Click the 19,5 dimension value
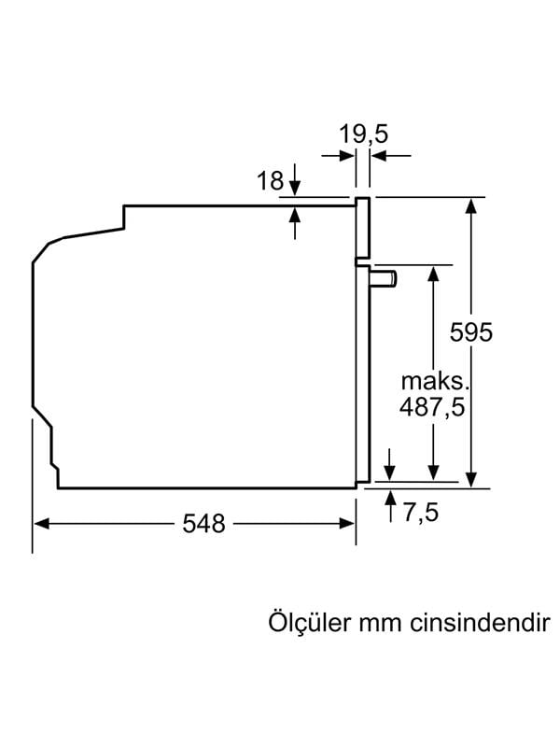[x=363, y=134]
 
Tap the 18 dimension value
[x=270, y=181]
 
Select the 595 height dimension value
[x=470, y=331]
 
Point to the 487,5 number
[x=431, y=407]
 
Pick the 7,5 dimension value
[x=421, y=513]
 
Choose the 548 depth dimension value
[x=204, y=525]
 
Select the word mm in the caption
[x=380, y=624]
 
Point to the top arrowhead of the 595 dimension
[x=473, y=205]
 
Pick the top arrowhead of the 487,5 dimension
[x=434, y=273]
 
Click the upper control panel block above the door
[x=362, y=228]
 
